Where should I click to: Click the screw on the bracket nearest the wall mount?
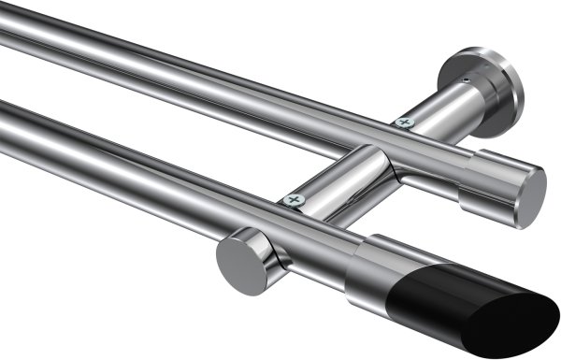click(x=404, y=122)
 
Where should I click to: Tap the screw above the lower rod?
click(x=295, y=199)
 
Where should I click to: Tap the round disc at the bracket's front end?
click(x=238, y=266)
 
